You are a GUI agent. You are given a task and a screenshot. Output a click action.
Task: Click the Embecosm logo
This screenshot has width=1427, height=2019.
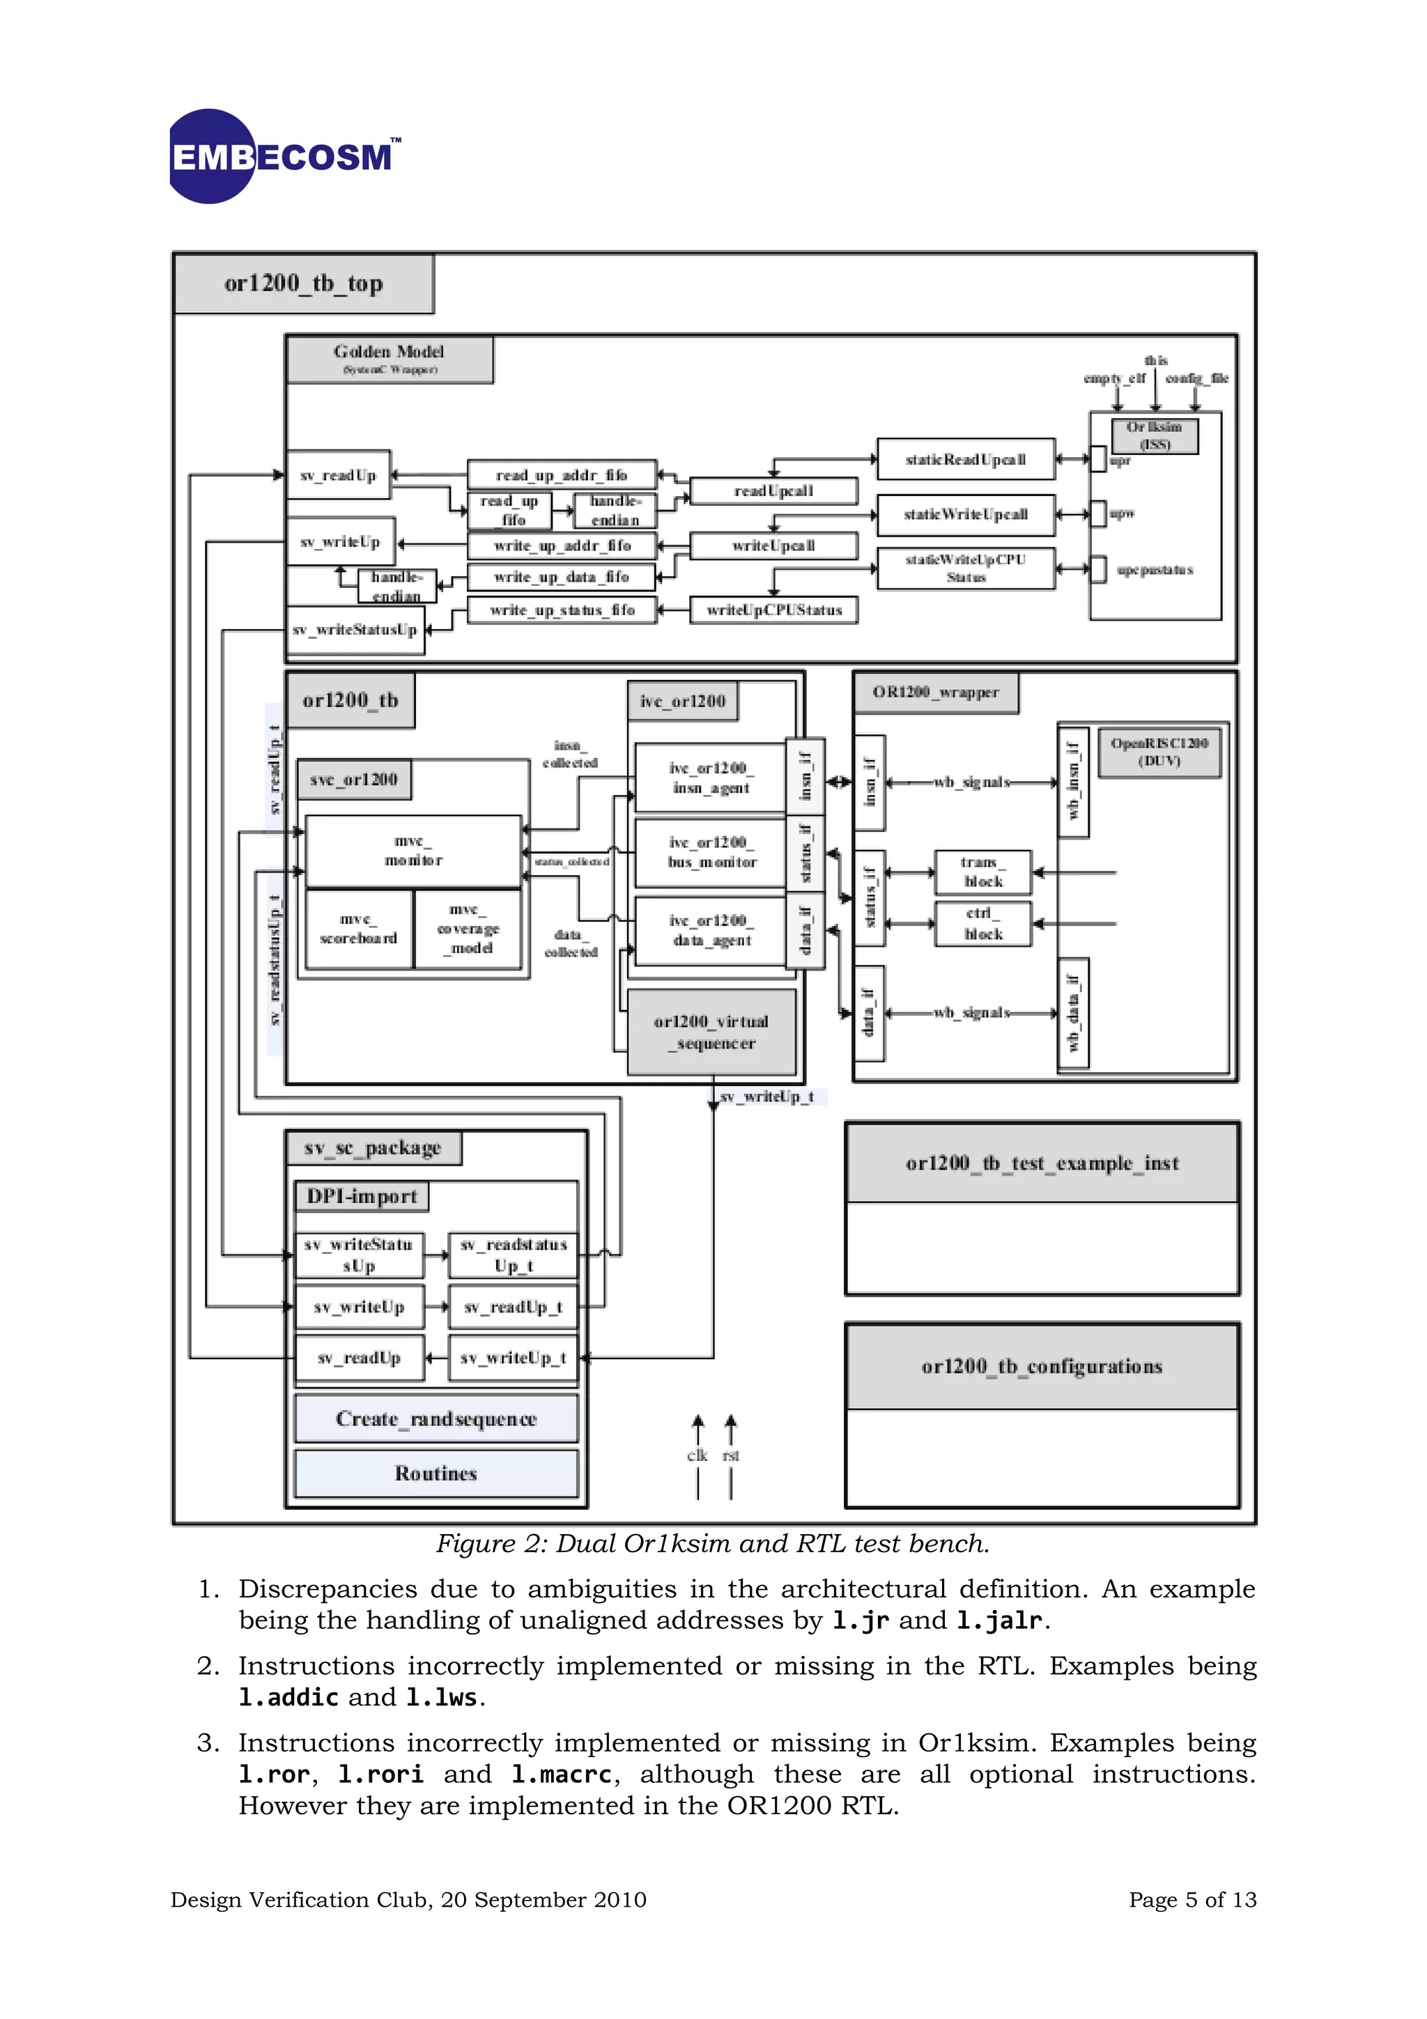point(283,157)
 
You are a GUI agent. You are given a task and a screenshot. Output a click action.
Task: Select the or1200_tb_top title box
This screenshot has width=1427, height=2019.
point(303,283)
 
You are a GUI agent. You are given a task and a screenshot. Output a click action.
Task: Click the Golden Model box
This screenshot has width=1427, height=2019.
point(389,359)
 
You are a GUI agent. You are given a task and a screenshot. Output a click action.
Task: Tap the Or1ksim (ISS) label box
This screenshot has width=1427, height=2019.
point(1154,435)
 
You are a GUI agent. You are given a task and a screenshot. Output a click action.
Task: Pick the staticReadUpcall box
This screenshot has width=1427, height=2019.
point(966,459)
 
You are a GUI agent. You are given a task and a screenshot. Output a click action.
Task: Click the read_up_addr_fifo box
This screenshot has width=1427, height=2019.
point(561,475)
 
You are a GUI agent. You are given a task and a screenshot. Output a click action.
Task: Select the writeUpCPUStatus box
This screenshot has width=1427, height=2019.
point(773,610)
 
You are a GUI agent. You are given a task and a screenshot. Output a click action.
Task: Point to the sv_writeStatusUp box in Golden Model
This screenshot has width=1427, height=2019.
point(355,630)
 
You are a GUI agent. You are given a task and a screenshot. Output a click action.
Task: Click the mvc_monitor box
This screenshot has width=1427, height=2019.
point(413,851)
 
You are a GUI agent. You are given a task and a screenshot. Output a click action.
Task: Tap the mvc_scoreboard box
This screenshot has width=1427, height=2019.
point(358,929)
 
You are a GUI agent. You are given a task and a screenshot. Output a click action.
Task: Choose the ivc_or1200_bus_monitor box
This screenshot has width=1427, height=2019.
point(711,852)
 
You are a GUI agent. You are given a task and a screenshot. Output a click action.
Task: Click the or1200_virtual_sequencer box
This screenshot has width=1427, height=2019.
point(711,1032)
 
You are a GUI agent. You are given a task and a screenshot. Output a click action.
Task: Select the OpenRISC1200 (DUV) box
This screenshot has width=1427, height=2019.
point(1159,752)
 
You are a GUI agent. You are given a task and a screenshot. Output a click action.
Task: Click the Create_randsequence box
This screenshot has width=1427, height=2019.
point(436,1418)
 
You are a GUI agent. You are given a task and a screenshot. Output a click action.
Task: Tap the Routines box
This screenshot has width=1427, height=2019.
point(436,1473)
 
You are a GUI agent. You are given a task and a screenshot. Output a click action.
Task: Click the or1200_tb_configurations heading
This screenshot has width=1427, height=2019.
point(1042,1366)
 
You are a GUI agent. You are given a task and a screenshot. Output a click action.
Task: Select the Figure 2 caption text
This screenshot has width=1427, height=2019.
point(712,1544)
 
